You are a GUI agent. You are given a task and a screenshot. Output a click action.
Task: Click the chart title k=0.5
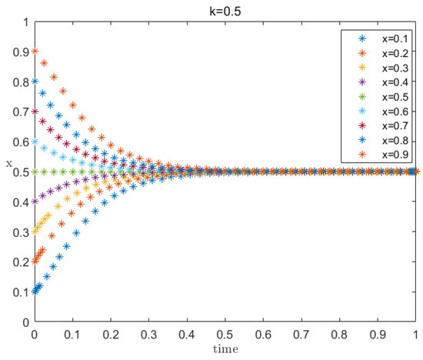[225, 10]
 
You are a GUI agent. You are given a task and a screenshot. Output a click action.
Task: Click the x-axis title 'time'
[225, 350]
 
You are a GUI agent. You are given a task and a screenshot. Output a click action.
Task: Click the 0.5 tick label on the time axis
[225, 336]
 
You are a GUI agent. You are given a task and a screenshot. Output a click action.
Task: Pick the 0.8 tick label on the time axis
[339, 336]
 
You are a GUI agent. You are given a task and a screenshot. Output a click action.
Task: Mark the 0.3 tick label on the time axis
[148, 336]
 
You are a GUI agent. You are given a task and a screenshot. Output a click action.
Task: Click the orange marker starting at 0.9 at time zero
[35, 52]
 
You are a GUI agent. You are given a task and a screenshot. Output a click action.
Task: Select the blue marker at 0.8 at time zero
[35, 82]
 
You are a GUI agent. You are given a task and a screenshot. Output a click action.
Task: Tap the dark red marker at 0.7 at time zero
[35, 112]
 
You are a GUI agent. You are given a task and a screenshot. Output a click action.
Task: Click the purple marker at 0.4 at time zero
[35, 202]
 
